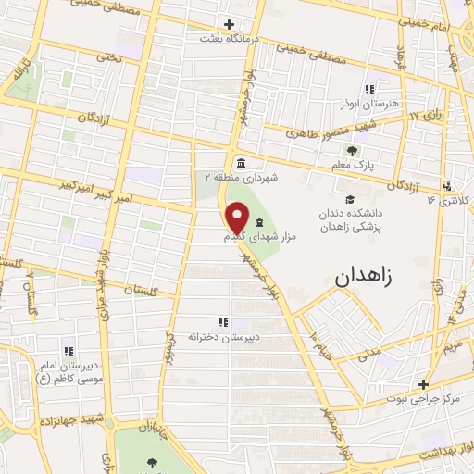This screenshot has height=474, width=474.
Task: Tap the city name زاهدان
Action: pyautogui.click(x=362, y=275)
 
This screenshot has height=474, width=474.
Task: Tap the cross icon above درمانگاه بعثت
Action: pyautogui.click(x=230, y=24)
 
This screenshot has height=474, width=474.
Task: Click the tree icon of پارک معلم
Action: pyautogui.click(x=351, y=151)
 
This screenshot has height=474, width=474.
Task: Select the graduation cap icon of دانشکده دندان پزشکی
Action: pyautogui.click(x=350, y=200)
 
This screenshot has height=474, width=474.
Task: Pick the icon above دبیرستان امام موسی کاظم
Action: pyautogui.click(x=68, y=351)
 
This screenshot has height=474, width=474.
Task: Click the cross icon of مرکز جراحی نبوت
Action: pyautogui.click(x=423, y=384)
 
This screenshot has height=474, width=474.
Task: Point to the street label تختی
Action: pyautogui.click(x=111, y=57)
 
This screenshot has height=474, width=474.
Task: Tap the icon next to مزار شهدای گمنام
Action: pyautogui.click(x=258, y=221)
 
